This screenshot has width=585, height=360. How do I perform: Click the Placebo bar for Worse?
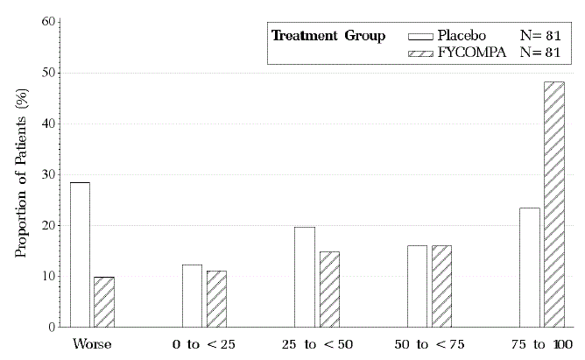click(80, 255)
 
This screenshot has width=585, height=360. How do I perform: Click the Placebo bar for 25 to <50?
click(304, 277)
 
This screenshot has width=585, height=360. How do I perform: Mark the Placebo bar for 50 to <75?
click(417, 286)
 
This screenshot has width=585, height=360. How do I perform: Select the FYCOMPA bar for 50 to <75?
click(441, 286)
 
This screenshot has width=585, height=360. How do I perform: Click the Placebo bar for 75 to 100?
click(529, 267)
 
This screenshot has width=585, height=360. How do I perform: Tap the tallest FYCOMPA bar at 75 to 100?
click(554, 204)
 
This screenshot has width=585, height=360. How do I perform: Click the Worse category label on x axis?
click(92, 344)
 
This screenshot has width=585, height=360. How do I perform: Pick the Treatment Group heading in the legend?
click(328, 36)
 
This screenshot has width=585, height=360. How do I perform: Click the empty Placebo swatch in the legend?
click(421, 36)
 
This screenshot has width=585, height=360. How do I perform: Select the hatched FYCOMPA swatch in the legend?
click(421, 53)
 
